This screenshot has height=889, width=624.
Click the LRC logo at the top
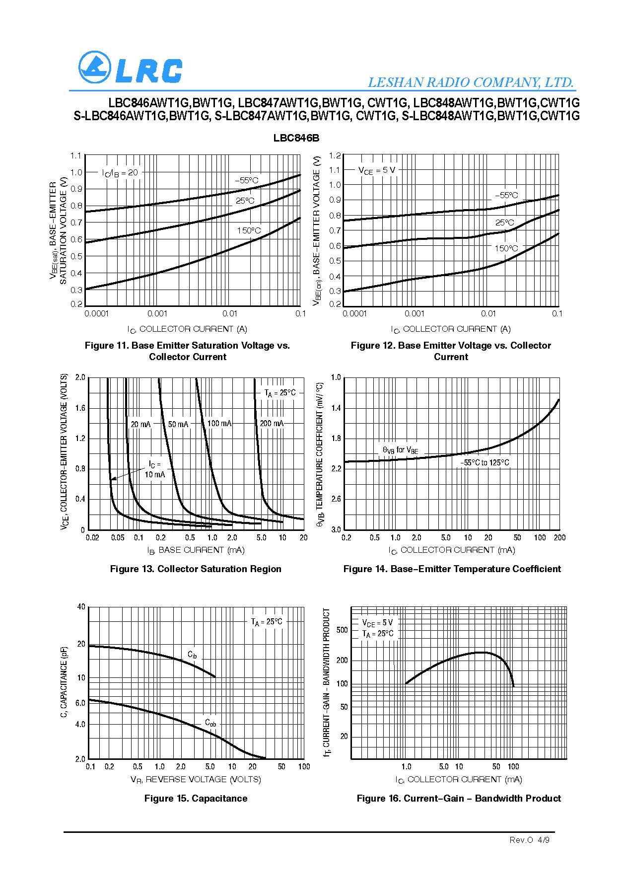[x=130, y=68]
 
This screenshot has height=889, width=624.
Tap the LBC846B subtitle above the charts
[x=296, y=138]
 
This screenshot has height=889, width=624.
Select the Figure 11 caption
[x=187, y=351]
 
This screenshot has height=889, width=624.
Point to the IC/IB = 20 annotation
[x=120, y=173]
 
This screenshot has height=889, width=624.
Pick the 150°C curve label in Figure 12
[x=506, y=248]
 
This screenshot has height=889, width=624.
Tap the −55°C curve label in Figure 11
[x=247, y=180]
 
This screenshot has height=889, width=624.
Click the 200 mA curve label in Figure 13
[x=272, y=423]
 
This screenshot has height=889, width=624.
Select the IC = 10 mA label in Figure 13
[x=155, y=469]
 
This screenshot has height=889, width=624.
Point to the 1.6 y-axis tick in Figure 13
[x=80, y=408]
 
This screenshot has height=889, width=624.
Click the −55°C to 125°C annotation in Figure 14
[x=484, y=462]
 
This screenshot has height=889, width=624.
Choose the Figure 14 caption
[x=452, y=569]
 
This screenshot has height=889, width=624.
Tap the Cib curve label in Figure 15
[x=192, y=654]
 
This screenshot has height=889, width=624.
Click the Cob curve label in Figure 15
[x=210, y=723]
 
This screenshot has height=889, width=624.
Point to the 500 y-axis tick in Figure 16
[x=342, y=630]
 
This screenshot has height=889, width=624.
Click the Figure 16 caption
[x=458, y=798]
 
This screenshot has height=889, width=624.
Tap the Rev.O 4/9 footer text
[x=530, y=840]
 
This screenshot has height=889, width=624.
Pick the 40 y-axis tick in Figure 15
[x=81, y=607]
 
